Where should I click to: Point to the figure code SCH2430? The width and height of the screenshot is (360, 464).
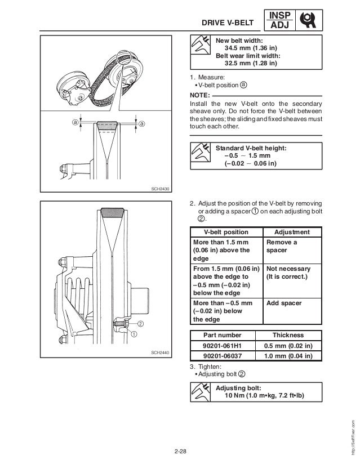(162, 189)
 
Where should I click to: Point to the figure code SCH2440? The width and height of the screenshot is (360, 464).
(161, 353)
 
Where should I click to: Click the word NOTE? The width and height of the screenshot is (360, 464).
(201, 96)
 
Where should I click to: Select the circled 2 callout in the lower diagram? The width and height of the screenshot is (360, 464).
(139, 324)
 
